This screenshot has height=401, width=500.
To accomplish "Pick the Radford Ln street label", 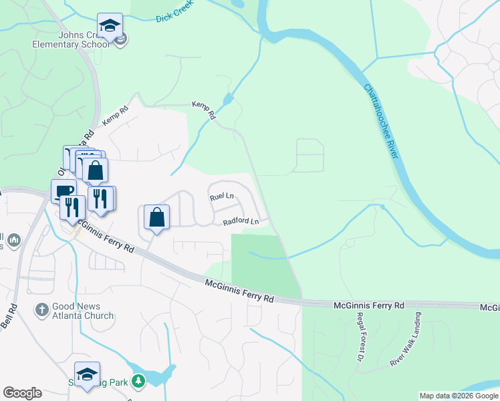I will click(x=241, y=221).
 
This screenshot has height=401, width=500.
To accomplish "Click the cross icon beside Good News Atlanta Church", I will click(x=41, y=309).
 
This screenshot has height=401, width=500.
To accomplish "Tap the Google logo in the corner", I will click(x=22, y=393).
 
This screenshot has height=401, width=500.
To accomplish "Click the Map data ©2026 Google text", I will click(x=459, y=396).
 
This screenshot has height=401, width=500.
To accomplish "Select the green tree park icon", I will click(x=138, y=381).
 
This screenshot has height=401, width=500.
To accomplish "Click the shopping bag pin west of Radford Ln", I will click(x=156, y=217).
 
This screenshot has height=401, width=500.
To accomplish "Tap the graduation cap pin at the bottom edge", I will click(x=87, y=375).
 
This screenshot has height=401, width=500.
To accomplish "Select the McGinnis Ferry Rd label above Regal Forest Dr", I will click(x=369, y=305).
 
